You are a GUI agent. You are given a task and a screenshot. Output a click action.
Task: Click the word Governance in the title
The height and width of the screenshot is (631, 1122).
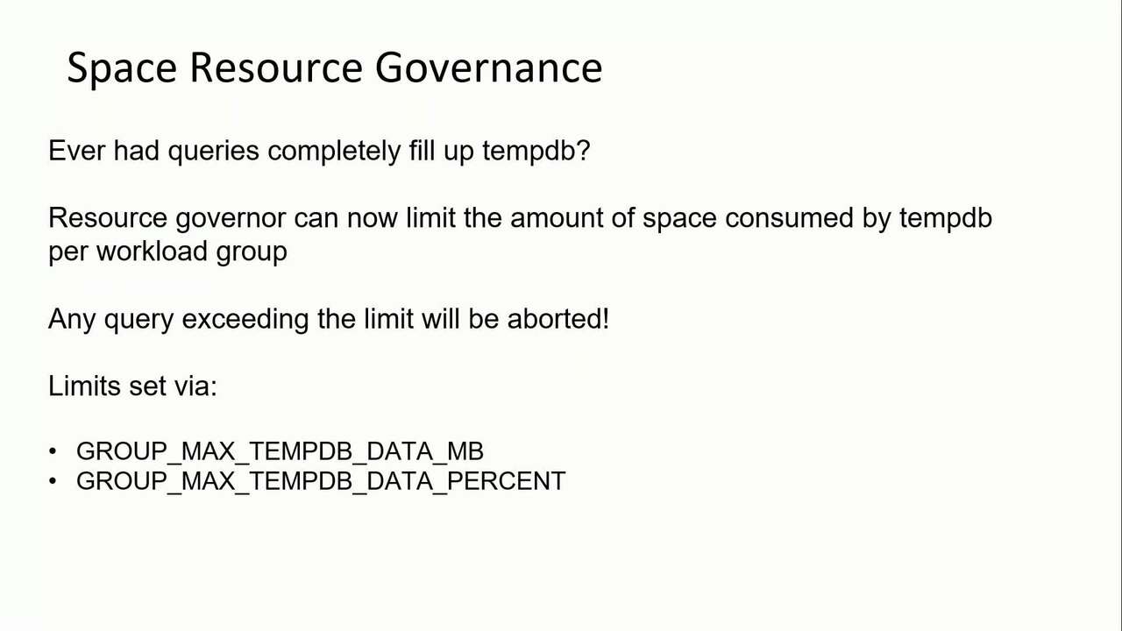(488, 68)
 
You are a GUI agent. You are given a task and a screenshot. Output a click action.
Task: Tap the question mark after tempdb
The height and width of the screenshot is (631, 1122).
(584, 151)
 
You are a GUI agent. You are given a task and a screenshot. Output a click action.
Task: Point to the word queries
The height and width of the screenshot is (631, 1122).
(213, 152)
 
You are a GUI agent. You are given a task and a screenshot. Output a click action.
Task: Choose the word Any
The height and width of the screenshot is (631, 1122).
(72, 319)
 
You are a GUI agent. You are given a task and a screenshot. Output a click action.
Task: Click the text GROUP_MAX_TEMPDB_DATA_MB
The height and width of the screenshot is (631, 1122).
(280, 451)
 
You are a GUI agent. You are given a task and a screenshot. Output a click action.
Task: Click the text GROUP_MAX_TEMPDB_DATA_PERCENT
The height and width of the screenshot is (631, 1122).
(321, 481)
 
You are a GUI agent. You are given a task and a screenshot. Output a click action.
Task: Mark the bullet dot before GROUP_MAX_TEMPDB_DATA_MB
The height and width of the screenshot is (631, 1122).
(53, 451)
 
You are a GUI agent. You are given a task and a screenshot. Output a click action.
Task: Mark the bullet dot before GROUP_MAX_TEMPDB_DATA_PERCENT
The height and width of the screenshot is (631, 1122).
(53, 481)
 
